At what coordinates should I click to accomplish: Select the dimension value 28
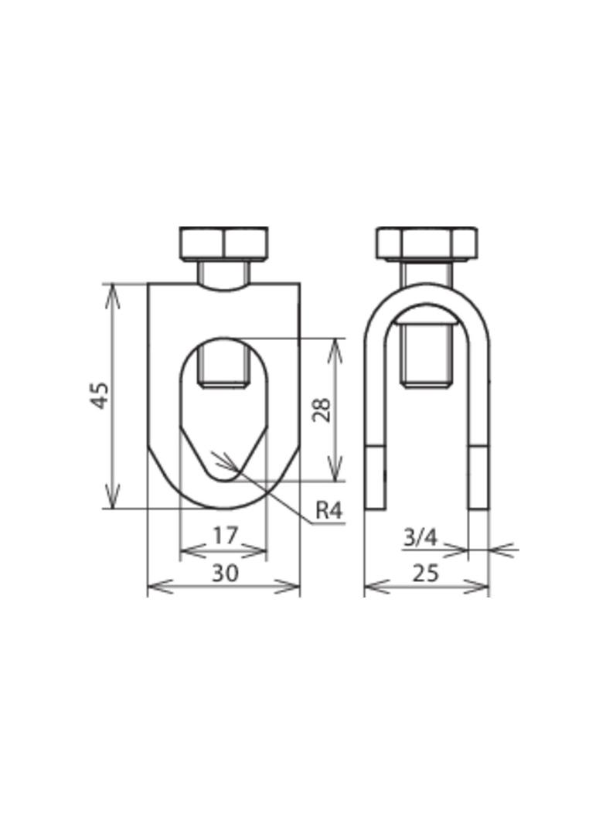pyautogui.click(x=321, y=410)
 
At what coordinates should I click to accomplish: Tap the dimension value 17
pyautogui.click(x=226, y=535)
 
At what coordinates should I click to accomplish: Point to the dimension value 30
pyautogui.click(x=226, y=573)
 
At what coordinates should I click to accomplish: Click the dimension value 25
pyautogui.click(x=425, y=573)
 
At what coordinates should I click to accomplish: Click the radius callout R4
pyautogui.click(x=329, y=509)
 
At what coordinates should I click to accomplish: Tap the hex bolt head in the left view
pyautogui.click(x=224, y=243)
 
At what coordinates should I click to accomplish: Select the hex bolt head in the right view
pyautogui.click(x=427, y=243)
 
